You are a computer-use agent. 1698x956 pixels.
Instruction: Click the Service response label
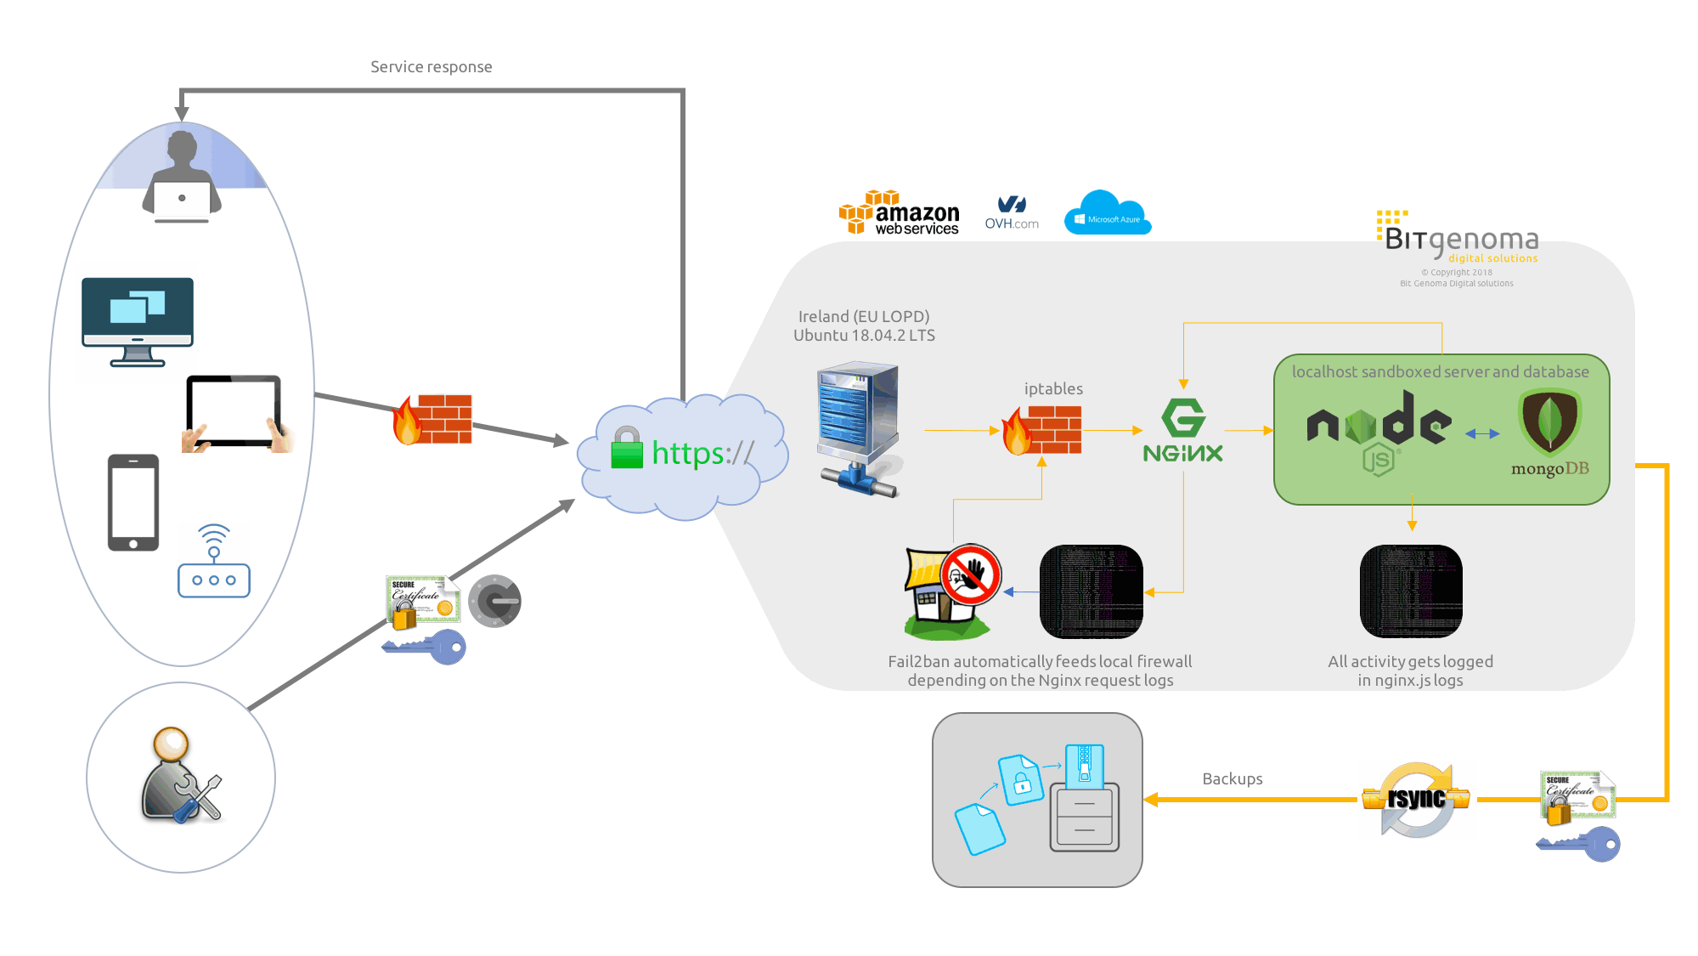pos(431,67)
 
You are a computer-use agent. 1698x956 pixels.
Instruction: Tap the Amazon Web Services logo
pos(898,213)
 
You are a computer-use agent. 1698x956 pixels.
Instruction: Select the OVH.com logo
pos(1012,213)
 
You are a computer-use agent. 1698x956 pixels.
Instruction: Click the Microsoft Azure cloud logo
pos(1107,214)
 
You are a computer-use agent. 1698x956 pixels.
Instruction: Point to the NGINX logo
pos(1182,431)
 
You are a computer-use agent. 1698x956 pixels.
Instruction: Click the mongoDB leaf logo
pos(1549,425)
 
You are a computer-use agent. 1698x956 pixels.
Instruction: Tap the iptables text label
pos(1053,389)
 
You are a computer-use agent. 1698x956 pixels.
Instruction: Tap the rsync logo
pos(1416,800)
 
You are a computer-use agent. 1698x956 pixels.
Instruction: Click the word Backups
pos(1232,779)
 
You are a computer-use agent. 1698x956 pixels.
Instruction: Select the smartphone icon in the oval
pos(133,502)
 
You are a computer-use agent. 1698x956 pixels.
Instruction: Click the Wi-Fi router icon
pos(214,561)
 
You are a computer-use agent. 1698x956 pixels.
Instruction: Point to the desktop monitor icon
pos(138,322)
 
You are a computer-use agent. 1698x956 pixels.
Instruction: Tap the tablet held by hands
pos(235,413)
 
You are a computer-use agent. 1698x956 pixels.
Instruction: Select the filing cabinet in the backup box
pos(1084,816)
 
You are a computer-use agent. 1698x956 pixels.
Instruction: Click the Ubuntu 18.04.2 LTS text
pos(864,336)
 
